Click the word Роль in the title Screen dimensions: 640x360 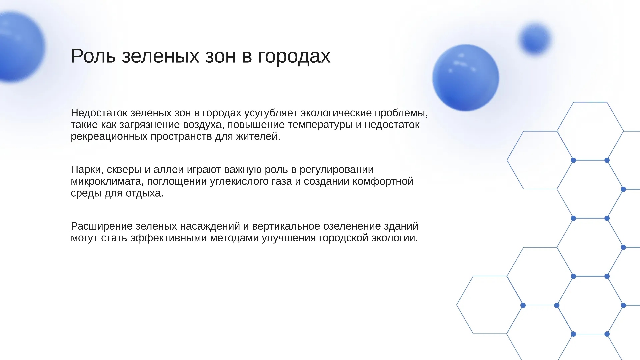[93, 56]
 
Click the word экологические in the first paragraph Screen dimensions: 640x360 [336, 113]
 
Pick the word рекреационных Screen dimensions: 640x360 [109, 137]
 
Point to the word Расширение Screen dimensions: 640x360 [102, 226]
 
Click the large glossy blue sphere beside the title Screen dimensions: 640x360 [466, 78]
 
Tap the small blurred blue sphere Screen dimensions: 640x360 [535, 39]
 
